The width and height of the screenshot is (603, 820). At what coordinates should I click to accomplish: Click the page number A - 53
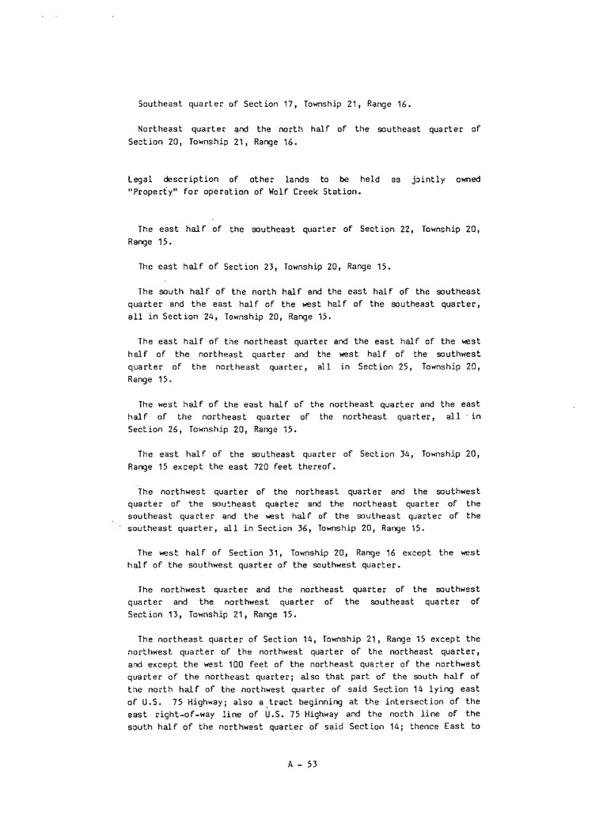click(x=301, y=765)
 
